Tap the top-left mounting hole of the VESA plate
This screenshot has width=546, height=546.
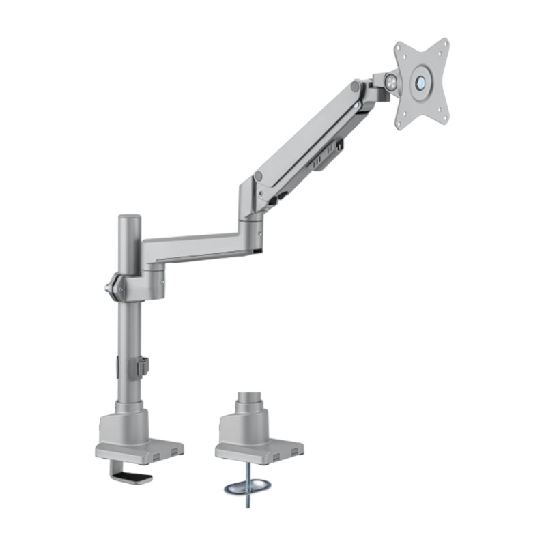(x=401, y=52)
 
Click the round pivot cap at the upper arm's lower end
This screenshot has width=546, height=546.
(x=259, y=177)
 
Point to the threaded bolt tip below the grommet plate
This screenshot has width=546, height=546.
(x=246, y=504)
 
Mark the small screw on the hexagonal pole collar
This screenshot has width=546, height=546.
(x=121, y=289)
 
